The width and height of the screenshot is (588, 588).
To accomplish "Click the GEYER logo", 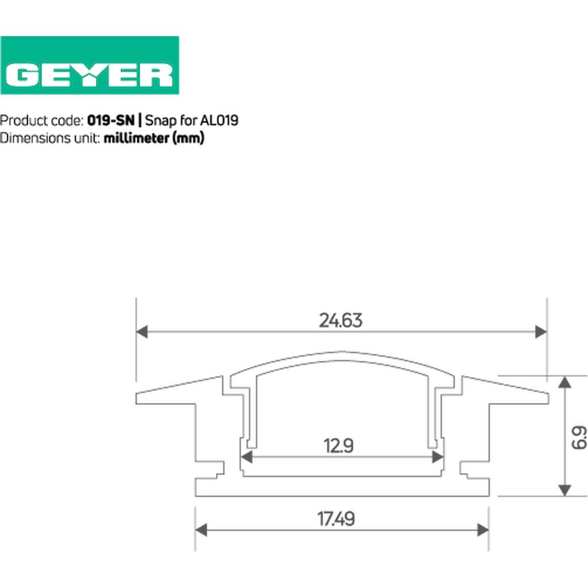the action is [x=90, y=65].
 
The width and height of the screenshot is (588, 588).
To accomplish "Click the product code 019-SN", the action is [x=111, y=121].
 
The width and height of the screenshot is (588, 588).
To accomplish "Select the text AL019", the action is [x=219, y=121].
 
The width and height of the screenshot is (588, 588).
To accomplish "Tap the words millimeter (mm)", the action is [x=154, y=138].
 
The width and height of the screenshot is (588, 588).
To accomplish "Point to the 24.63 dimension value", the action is [x=341, y=320].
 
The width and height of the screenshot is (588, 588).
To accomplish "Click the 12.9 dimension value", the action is [x=338, y=446].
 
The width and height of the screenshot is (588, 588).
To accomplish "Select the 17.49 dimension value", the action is [x=336, y=519].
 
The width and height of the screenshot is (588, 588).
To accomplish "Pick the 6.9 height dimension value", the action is [x=579, y=437].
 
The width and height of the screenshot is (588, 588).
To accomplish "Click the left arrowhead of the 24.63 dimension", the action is [x=142, y=332].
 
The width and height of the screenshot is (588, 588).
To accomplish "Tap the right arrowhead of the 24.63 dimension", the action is [x=541, y=332].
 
